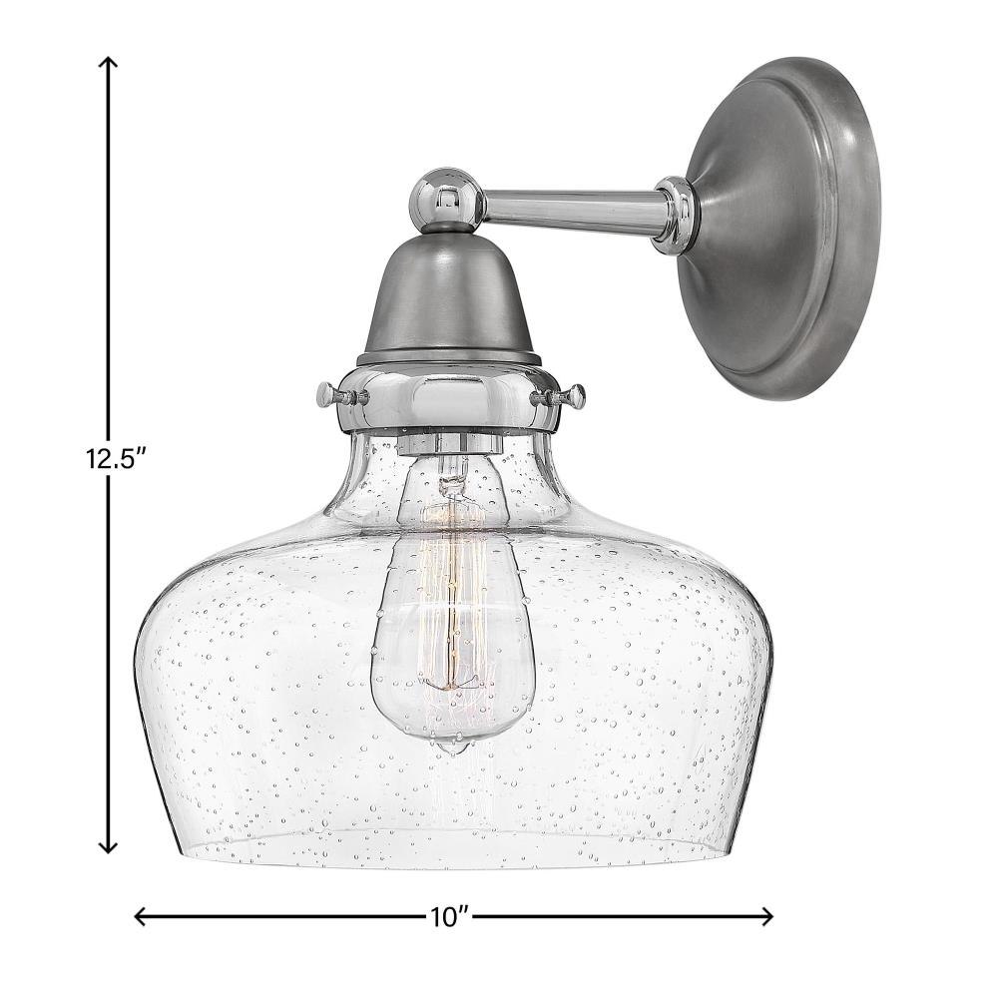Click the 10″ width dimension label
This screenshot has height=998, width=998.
pyautogui.click(x=449, y=917)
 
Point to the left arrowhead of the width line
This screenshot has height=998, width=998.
pyautogui.click(x=143, y=916)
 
